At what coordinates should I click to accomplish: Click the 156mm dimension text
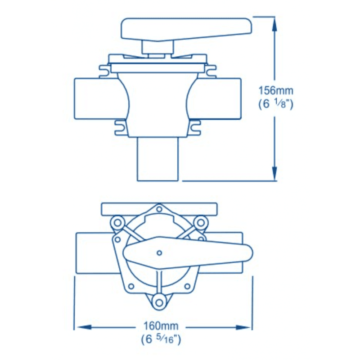point(276,90)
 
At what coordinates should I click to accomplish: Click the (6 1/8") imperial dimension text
point(276,104)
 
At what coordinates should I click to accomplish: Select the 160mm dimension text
point(161,326)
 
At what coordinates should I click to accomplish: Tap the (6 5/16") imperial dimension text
point(161,339)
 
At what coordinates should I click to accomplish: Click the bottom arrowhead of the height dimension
point(274,174)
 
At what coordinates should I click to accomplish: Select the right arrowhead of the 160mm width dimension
point(243,327)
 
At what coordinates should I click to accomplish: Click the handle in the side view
point(186,29)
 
